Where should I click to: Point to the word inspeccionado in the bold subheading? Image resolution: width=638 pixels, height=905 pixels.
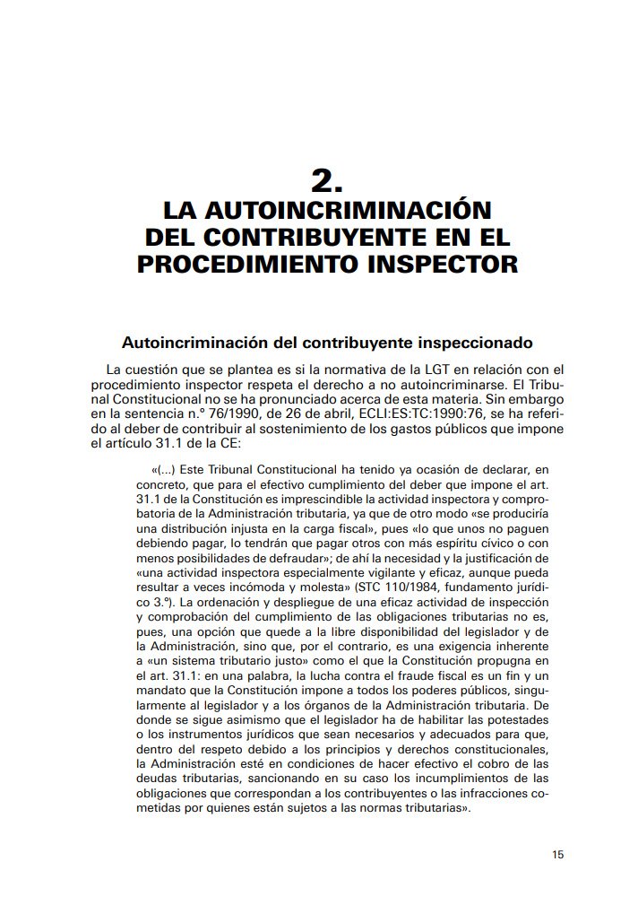click(x=481, y=343)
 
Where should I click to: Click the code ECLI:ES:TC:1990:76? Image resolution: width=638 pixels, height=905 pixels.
click(x=379, y=413)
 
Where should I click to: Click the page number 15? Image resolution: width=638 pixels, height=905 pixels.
click(x=558, y=855)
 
